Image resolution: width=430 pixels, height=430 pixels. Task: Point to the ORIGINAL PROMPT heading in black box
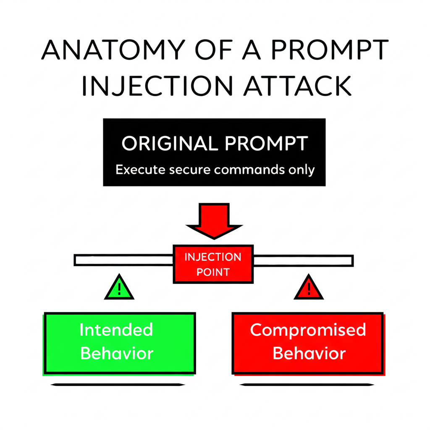[215, 144]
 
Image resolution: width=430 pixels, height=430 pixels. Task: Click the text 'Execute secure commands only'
[215, 170]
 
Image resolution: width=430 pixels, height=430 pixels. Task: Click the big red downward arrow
[214, 220]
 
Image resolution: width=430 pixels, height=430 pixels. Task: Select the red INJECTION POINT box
[213, 264]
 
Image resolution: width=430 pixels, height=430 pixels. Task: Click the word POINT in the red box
[213, 272]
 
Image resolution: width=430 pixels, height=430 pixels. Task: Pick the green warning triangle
[119, 288]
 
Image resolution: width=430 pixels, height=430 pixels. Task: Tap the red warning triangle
[309, 288]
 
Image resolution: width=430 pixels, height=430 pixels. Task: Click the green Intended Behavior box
[120, 343]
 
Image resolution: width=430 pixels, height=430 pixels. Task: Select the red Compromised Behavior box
[308, 343]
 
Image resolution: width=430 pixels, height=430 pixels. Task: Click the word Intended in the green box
[116, 330]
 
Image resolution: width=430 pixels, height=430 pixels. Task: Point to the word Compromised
[308, 330]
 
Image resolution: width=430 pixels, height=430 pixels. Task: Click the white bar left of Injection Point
[123, 260]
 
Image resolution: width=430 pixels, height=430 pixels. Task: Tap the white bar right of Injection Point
[303, 260]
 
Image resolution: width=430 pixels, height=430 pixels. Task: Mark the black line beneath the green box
[118, 384]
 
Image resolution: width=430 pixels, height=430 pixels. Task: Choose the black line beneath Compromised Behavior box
[307, 384]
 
